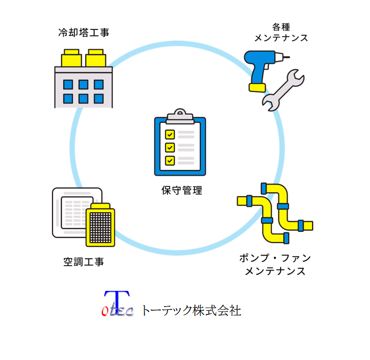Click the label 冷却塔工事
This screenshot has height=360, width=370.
(84, 33)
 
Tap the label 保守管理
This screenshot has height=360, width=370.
(182, 190)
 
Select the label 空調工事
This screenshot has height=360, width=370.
(84, 262)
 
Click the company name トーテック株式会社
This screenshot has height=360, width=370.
(191, 310)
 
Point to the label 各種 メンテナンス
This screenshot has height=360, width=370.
(281, 33)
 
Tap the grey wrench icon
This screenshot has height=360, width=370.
(284, 88)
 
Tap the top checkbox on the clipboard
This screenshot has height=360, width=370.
(170, 134)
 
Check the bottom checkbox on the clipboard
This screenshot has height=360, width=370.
(170, 160)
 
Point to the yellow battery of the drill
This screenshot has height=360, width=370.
(258, 86)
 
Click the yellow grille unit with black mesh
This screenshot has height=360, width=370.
(101, 225)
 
